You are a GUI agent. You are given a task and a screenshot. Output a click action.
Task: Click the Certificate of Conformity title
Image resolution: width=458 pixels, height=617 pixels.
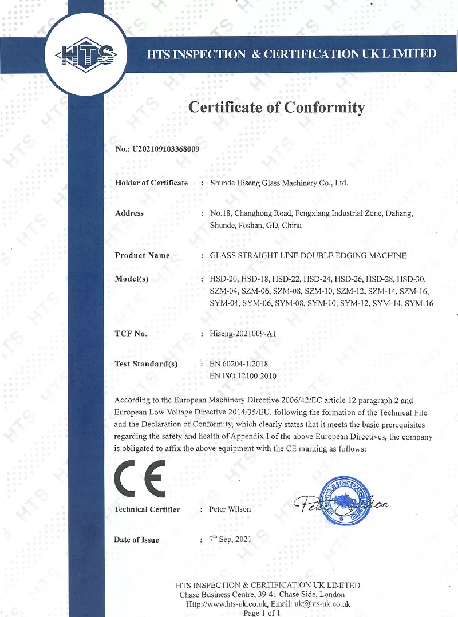pos(277,107)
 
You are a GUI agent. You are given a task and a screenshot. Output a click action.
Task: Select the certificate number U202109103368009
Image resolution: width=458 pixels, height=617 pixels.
pos(165,150)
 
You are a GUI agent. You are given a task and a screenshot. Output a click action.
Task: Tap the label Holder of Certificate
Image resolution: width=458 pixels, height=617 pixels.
pos(151,183)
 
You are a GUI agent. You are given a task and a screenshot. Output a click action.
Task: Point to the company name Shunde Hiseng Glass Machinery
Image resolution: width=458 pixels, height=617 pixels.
pos(279,183)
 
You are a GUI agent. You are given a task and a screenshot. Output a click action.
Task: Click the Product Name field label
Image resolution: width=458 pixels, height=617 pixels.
pos(142,255)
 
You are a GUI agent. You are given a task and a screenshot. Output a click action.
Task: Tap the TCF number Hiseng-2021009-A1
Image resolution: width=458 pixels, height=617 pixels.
pos(244,333)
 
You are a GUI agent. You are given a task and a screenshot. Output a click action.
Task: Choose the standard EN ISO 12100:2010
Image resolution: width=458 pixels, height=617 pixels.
pos(243,376)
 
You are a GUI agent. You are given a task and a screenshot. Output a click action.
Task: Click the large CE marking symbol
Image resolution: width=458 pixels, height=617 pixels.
pos(141,478)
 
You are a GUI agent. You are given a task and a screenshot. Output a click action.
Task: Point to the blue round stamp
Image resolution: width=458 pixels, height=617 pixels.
pos(342,497)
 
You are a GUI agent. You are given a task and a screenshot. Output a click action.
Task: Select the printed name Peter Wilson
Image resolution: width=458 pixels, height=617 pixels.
pos(230,509)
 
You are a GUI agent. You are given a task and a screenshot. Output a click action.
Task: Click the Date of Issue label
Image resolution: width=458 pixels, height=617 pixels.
pos(137,540)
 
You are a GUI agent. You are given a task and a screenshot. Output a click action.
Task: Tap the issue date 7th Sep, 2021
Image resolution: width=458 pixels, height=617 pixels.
pos(230,539)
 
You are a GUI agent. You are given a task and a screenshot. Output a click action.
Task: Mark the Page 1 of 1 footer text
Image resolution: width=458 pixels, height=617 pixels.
pos(262,613)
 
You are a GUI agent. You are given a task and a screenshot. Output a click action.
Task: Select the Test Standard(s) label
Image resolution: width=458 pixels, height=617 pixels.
pos(146,364)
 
